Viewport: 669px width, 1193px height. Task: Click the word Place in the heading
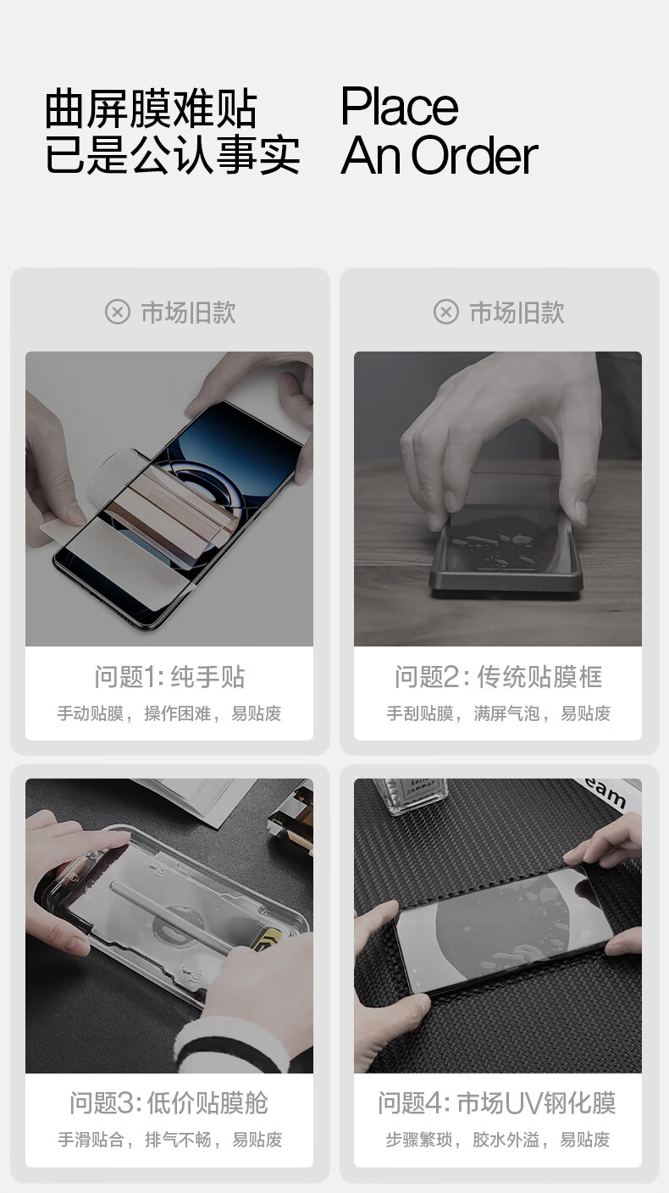[x=399, y=107]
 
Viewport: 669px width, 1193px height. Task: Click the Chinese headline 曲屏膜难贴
[x=151, y=109]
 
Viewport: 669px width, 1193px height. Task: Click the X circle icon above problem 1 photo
[x=118, y=312]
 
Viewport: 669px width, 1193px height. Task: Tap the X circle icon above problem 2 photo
[x=446, y=312]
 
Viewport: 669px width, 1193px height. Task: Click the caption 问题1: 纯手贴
[x=169, y=677]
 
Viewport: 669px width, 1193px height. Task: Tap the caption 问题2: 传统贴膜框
[x=498, y=677]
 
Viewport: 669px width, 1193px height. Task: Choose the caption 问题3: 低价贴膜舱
[x=169, y=1103]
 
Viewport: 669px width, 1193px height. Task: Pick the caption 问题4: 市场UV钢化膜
[x=497, y=1103]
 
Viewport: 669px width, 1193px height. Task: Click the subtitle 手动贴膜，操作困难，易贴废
[x=169, y=713]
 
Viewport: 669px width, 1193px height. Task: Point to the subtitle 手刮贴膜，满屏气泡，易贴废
[x=498, y=713]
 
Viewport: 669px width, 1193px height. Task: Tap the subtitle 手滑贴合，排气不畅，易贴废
[x=169, y=1140]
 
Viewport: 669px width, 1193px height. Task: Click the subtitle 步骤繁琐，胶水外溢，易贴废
[x=498, y=1140]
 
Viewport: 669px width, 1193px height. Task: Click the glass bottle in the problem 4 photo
[x=410, y=795]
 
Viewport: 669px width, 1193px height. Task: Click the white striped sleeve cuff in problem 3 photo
[x=235, y=1044]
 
